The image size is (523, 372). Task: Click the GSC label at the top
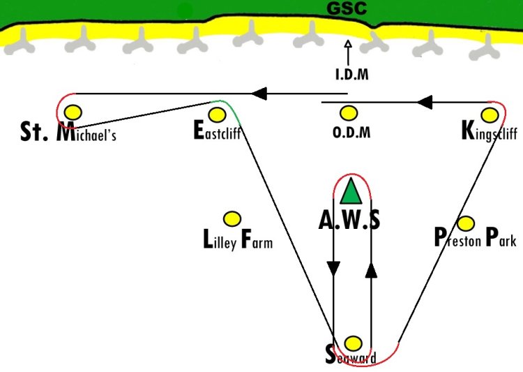(x=347, y=9)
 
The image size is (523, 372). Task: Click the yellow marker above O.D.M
(x=349, y=112)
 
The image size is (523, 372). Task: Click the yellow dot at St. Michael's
(x=73, y=112)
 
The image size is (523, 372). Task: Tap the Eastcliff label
(x=217, y=131)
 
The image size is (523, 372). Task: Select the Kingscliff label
(x=490, y=131)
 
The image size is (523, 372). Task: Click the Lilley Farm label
(x=237, y=241)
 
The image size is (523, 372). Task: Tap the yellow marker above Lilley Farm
(x=232, y=219)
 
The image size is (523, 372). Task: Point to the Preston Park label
(x=475, y=239)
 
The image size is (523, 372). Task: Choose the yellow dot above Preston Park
(x=466, y=223)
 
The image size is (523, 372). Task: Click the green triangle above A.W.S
(x=351, y=193)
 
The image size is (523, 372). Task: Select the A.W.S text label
(x=349, y=220)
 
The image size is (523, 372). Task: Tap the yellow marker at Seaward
(x=354, y=343)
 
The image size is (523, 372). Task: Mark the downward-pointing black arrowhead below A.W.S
(x=333, y=268)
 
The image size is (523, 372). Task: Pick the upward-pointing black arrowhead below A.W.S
(x=371, y=270)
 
